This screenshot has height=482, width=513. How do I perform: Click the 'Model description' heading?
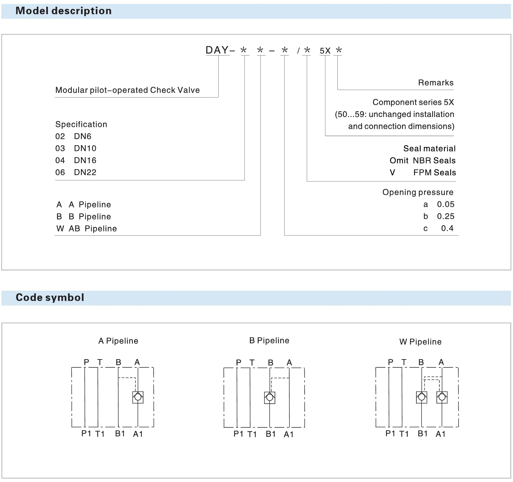click(63, 11)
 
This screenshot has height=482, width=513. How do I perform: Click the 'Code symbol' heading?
click(50, 298)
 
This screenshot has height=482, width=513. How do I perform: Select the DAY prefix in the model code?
click(217, 50)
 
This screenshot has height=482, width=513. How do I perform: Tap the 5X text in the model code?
click(325, 51)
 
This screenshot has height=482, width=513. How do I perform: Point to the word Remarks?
click(435, 83)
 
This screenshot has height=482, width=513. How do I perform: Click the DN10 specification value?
click(85, 148)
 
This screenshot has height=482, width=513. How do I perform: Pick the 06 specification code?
click(60, 172)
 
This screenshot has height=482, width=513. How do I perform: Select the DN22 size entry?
click(85, 172)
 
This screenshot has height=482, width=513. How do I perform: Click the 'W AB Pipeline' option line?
click(87, 229)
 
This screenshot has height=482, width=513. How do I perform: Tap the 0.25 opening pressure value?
click(445, 216)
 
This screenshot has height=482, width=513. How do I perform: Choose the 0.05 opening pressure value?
click(445, 204)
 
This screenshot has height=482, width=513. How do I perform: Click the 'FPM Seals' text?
click(434, 173)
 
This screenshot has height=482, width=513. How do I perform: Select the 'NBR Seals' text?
click(434, 161)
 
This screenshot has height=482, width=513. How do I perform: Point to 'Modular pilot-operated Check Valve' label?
click(127, 90)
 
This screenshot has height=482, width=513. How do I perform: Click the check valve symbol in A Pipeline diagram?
click(138, 397)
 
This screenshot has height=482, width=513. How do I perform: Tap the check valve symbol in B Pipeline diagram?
click(270, 398)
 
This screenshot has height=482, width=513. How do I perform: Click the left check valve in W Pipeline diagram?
click(422, 397)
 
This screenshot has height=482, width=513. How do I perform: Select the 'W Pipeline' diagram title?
click(420, 342)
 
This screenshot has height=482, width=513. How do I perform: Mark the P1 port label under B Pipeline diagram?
click(238, 434)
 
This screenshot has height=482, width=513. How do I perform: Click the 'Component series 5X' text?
click(413, 102)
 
